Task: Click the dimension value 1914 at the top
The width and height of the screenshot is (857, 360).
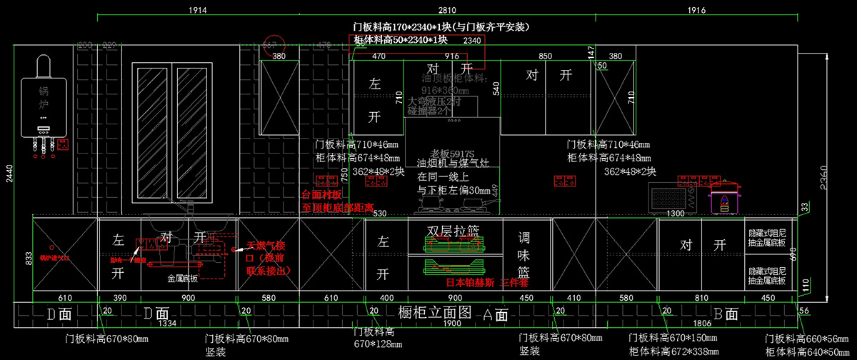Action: tap(198, 10)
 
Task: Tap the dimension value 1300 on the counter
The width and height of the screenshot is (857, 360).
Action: tap(676, 214)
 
